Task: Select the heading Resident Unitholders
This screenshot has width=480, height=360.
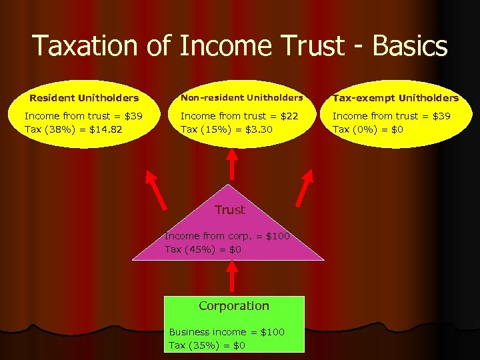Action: tap(84, 98)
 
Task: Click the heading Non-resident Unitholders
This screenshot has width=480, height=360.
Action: tap(241, 98)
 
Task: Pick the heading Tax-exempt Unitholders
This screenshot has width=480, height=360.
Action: tap(395, 98)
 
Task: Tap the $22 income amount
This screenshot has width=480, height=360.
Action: tap(291, 116)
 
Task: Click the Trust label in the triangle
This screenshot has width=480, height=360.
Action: tap(229, 210)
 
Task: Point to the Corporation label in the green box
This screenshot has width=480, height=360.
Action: tap(233, 306)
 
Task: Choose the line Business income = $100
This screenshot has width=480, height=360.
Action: tap(227, 332)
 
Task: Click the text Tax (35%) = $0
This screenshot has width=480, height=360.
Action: tap(207, 345)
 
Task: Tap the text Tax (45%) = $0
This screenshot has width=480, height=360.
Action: tap(203, 249)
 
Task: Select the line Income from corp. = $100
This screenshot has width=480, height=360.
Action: tap(227, 236)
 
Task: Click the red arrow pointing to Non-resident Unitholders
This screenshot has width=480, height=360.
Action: tap(232, 163)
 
